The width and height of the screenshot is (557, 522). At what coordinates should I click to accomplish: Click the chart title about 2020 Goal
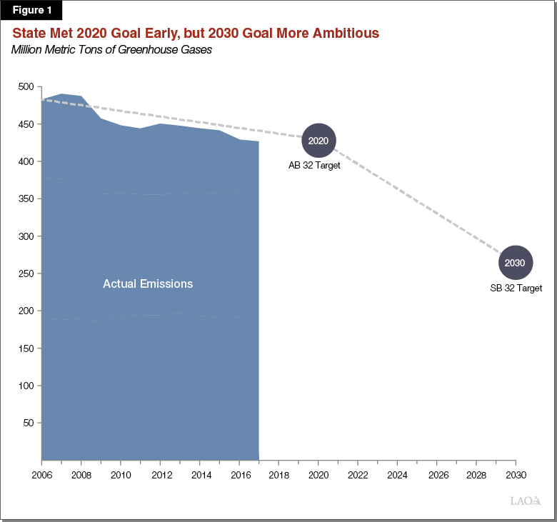pyautogui.click(x=195, y=34)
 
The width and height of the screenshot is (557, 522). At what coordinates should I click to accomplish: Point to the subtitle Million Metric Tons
pyautogui.click(x=111, y=49)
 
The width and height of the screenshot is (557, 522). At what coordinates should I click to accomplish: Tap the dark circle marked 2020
pyautogui.click(x=318, y=141)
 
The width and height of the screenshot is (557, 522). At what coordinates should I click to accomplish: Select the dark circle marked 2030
pyautogui.click(x=515, y=263)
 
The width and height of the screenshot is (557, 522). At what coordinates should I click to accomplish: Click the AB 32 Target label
pyautogui.click(x=314, y=166)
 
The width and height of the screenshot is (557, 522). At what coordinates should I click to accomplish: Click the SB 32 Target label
pyautogui.click(x=516, y=288)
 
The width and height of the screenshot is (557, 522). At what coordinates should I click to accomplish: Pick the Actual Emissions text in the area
pyautogui.click(x=148, y=283)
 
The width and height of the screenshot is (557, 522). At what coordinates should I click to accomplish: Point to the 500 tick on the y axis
pyautogui.click(x=26, y=86)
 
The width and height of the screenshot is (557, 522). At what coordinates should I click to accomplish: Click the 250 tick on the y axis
pyautogui.click(x=26, y=273)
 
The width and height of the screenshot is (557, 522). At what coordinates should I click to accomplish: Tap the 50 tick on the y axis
pyautogui.click(x=29, y=423)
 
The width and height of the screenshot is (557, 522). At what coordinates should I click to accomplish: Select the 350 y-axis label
pyautogui.click(x=26, y=199)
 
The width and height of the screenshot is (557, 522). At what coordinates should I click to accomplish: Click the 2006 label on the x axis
pyautogui.click(x=42, y=474)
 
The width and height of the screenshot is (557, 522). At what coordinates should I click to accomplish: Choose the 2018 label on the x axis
pyautogui.click(x=278, y=474)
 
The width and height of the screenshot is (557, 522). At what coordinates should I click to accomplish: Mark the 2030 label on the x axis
pyautogui.click(x=515, y=474)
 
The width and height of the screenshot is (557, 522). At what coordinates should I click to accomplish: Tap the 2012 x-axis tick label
pyautogui.click(x=161, y=474)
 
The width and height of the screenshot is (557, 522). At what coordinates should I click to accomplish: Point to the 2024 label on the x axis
pyautogui.click(x=397, y=474)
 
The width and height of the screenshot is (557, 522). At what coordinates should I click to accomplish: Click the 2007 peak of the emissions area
pyautogui.click(x=62, y=94)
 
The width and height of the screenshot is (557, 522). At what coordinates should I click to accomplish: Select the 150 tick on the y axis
pyautogui.click(x=26, y=348)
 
